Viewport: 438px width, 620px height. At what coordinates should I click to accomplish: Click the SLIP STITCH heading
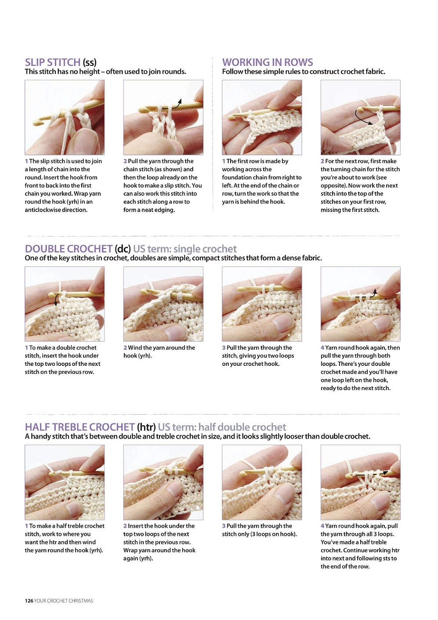pyautogui.click(x=53, y=62)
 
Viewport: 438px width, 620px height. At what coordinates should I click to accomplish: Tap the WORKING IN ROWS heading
pyautogui.click(x=268, y=62)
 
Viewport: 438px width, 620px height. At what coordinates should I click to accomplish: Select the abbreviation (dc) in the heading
pyautogui.click(x=123, y=249)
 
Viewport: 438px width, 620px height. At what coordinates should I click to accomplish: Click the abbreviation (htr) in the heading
pyautogui.click(x=147, y=427)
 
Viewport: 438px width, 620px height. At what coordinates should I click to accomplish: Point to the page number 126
pyautogui.click(x=29, y=601)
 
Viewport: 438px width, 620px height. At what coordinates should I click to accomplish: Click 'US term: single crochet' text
pyautogui.click(x=185, y=249)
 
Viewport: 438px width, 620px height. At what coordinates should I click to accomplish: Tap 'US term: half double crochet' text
pyautogui.click(x=222, y=427)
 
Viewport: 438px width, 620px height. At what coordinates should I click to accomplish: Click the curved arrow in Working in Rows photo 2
pyautogui.click(x=359, y=119)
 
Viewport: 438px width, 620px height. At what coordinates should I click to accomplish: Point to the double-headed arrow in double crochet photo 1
pyautogui.click(x=56, y=300)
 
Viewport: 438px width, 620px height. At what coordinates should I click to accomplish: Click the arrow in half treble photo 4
pyautogui.click(x=372, y=474)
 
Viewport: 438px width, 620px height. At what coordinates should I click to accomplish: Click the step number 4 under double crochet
pyautogui.click(x=322, y=348)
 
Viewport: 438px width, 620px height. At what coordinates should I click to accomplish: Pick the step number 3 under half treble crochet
pyautogui.click(x=224, y=526)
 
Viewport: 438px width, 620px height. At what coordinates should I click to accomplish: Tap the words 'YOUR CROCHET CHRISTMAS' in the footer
pyautogui.click(x=64, y=601)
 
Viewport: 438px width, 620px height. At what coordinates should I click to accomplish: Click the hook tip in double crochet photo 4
pyautogui.click(x=335, y=299)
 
